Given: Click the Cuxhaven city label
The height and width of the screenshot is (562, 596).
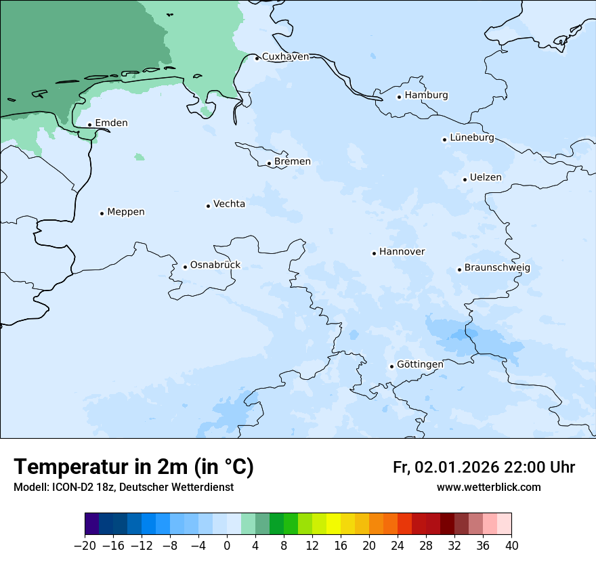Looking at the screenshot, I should [x=285, y=57].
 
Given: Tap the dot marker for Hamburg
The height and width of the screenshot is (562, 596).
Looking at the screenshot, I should [x=399, y=96].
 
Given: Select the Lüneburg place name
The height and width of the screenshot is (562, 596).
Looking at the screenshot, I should [x=471, y=138].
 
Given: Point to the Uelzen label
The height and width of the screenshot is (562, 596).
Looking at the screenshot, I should [x=486, y=178].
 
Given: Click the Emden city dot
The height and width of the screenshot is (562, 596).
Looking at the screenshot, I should [x=89, y=125].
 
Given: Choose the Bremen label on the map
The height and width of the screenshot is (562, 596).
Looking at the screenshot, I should [x=293, y=162].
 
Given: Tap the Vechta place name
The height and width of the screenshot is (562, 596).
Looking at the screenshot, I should [x=229, y=204].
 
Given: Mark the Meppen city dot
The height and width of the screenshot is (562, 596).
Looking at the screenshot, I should [x=102, y=213].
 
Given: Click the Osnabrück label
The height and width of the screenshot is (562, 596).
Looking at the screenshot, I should [x=215, y=265].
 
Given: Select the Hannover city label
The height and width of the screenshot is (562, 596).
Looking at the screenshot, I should [x=402, y=252].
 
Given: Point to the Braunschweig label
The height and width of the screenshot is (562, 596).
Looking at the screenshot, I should [x=497, y=268].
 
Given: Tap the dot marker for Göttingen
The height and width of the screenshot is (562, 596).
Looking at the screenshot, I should [x=391, y=366].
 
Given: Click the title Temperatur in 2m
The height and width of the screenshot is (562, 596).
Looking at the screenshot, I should [x=133, y=467].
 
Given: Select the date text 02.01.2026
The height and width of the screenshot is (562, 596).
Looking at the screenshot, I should [x=456, y=467].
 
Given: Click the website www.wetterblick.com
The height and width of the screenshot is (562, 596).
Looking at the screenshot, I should [x=488, y=488].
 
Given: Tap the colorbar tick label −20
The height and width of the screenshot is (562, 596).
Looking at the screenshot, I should [x=85, y=546].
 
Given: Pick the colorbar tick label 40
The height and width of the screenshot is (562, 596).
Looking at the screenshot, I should [x=511, y=546].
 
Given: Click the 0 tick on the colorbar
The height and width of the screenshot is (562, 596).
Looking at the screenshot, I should [x=227, y=546].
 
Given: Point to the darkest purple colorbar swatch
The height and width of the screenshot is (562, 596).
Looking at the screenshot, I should [x=91, y=524].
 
